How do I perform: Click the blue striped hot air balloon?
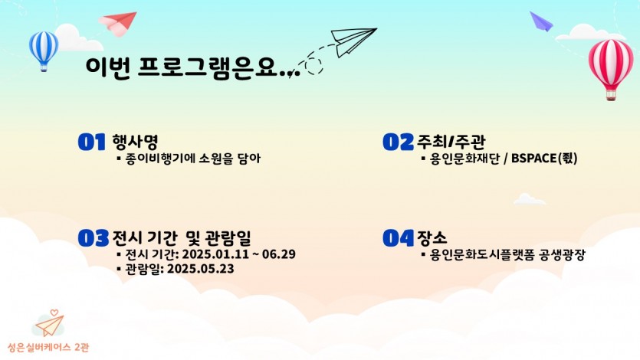point(43,51)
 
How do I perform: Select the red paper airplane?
point(118,23)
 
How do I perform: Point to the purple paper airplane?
point(541,21)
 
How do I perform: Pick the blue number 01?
point(92,142)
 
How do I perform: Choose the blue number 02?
point(398,142)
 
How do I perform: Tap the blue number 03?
point(94,238)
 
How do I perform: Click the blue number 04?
point(398,238)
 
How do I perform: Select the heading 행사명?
point(135,142)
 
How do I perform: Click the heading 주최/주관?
point(451,142)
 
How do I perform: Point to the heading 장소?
point(432,237)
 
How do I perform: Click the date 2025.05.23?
point(200,269)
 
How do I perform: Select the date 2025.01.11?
point(215,254)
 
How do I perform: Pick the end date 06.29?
point(279,254)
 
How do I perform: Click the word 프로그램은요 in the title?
point(208,67)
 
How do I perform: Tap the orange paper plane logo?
point(49,324)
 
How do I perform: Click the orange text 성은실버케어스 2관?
point(48,347)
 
